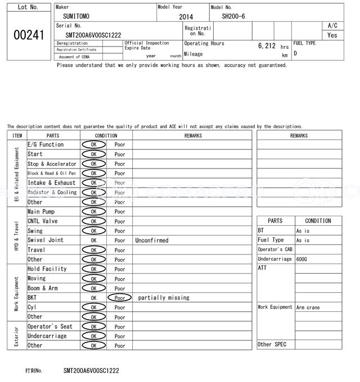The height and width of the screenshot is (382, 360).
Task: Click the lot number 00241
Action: (x=28, y=35)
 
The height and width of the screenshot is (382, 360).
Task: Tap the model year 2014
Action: (x=186, y=17)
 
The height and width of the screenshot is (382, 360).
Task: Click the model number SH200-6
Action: (x=233, y=16)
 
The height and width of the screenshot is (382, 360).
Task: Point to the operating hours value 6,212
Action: (x=267, y=46)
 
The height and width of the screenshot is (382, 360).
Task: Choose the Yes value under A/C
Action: (x=332, y=35)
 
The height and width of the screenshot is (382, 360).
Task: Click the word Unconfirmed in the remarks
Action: (x=152, y=240)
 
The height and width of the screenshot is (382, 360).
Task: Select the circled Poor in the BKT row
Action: (x=120, y=298)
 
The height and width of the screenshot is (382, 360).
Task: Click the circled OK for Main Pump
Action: (x=93, y=212)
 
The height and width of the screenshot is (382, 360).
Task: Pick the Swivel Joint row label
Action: (x=46, y=240)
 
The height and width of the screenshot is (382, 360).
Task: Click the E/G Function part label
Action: (x=46, y=145)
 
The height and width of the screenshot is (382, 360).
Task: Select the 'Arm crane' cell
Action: (x=308, y=307)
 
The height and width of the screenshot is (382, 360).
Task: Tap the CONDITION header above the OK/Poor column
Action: (x=106, y=135)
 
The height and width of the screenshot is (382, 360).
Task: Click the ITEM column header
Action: (x=17, y=135)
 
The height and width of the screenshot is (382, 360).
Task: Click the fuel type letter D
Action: (x=295, y=53)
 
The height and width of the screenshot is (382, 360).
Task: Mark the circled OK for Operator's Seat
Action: (x=93, y=326)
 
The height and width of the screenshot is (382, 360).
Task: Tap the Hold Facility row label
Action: (x=47, y=269)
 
